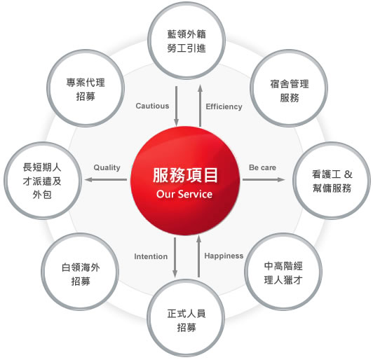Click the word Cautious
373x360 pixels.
(152, 106)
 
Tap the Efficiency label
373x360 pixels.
(224, 106)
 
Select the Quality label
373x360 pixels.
(107, 167)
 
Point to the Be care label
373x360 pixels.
(262, 167)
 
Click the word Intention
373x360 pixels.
(151, 256)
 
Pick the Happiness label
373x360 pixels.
(224, 256)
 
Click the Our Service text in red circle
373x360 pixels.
(184, 194)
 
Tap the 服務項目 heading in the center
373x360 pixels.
(185, 175)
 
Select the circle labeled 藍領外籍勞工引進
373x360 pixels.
(186, 41)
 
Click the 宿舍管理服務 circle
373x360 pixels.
(289, 88)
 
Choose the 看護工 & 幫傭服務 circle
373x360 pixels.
(332, 181)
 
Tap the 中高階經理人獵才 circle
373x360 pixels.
(283, 272)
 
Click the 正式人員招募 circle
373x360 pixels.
(186, 318)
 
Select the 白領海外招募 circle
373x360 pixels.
(80, 272)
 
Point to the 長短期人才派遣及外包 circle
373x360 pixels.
(43, 181)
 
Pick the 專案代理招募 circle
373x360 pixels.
(86, 88)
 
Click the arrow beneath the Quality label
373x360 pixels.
(106, 179)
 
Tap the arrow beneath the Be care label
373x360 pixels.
(264, 179)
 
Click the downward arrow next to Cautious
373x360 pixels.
(176, 106)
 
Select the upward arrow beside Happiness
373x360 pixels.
(199, 256)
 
